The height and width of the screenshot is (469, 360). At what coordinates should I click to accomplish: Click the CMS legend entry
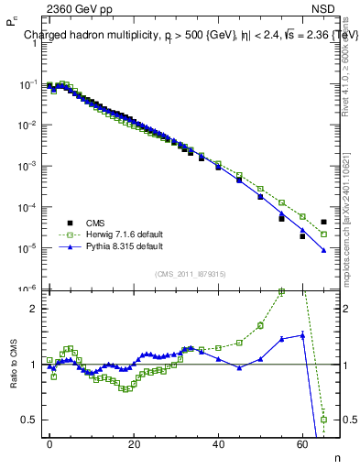coord(93,223)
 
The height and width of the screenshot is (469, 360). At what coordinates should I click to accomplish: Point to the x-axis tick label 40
coord(218,444)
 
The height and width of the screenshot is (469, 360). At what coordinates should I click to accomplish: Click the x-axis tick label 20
coord(134,444)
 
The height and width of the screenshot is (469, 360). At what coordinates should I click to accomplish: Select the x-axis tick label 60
coord(302,444)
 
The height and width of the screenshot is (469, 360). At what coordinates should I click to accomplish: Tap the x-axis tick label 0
coord(49,444)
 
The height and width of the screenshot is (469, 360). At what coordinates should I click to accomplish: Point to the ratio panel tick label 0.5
coord(30,420)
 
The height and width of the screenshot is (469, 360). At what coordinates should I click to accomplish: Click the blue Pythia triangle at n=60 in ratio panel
coord(303,335)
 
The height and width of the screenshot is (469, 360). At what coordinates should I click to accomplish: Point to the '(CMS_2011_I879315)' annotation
coord(191,274)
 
